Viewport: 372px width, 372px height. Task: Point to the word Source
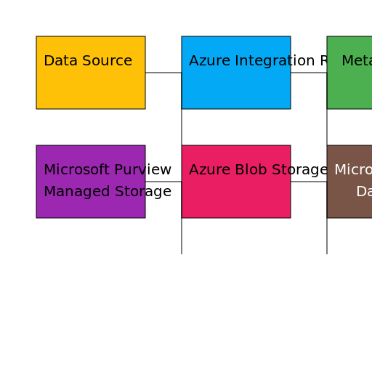[105, 61]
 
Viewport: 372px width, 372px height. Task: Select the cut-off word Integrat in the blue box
[261, 61]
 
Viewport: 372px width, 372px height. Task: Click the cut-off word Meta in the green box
[357, 61]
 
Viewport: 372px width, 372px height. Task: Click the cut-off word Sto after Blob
[280, 170]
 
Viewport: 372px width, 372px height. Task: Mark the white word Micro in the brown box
[353, 170]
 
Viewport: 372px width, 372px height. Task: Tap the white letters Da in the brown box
[364, 192]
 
